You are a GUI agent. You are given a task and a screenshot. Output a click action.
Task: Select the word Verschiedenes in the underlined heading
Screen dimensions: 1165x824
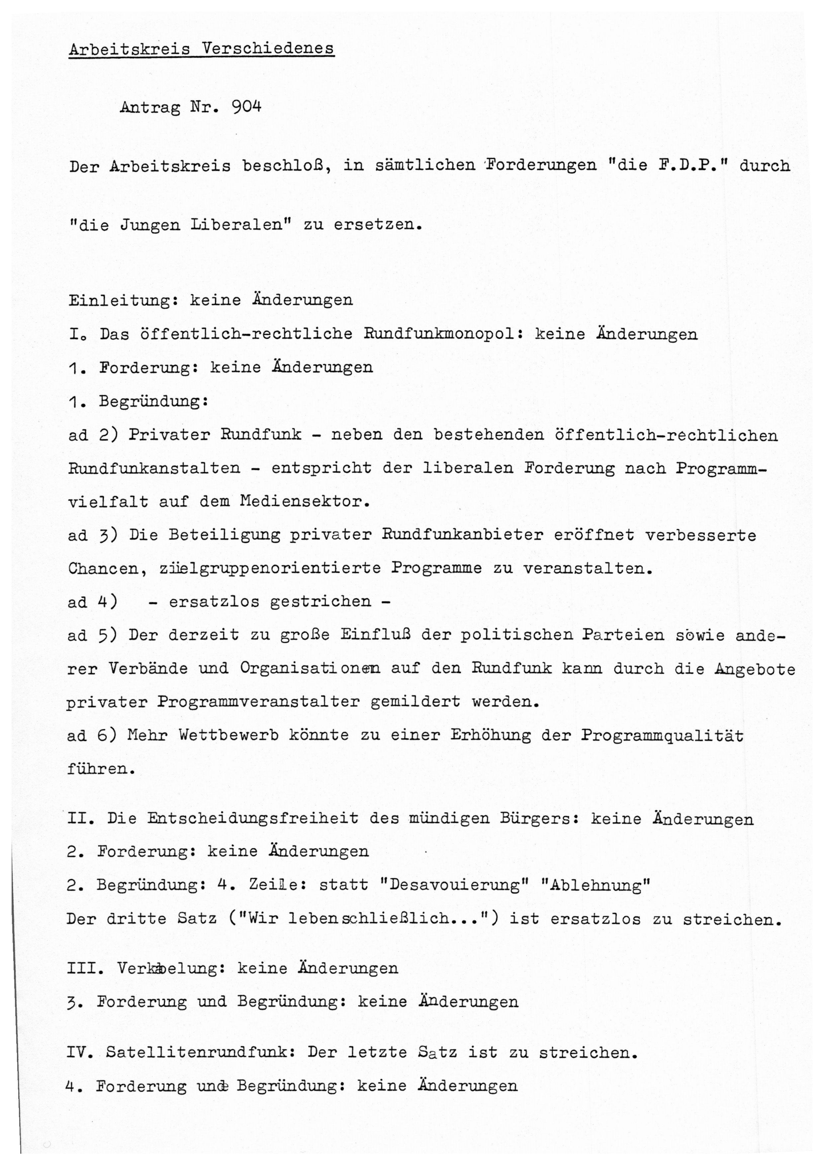pos(268,49)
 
